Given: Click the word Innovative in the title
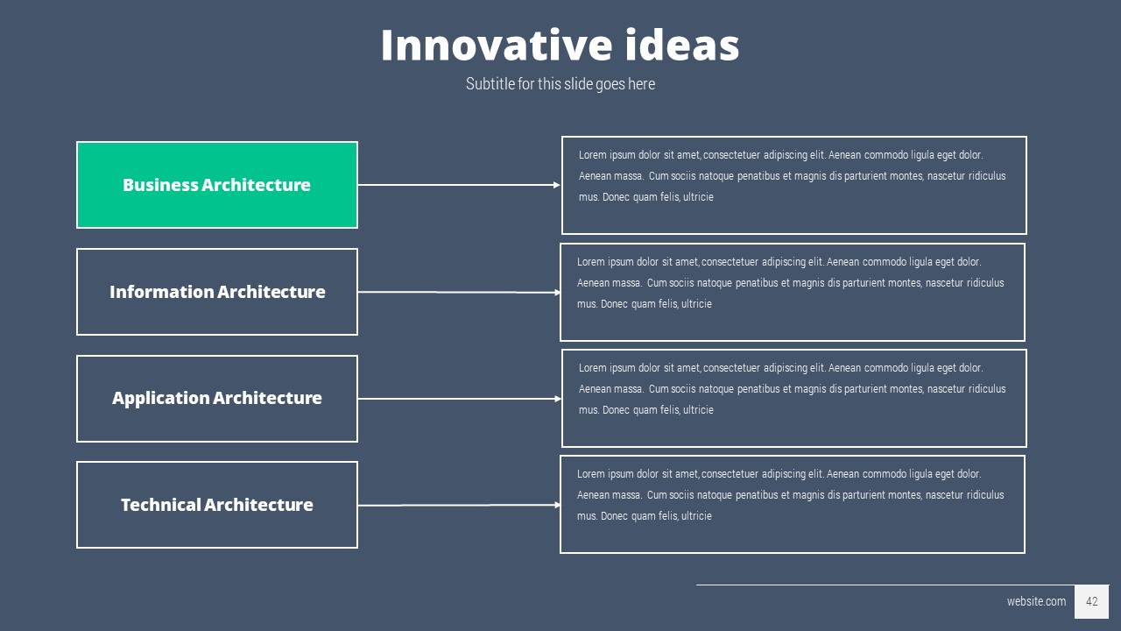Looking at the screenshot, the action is [x=497, y=45].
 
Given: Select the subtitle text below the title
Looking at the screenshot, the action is [x=560, y=84].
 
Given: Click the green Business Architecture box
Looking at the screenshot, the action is [x=217, y=185].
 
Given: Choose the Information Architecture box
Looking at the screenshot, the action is [x=217, y=292].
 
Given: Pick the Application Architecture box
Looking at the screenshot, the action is [x=217, y=399].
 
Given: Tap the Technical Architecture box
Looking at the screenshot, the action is [x=217, y=505].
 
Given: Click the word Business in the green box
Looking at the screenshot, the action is [x=160, y=185].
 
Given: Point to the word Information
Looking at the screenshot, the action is [x=162, y=292].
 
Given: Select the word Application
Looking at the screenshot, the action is [x=160, y=399].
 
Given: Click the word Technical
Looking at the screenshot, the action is [x=160, y=505].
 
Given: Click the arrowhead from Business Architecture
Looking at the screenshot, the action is [x=556, y=185].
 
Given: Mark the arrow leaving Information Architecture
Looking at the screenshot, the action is [x=460, y=292].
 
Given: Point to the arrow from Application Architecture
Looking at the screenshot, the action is [x=460, y=399].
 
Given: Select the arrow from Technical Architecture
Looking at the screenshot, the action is [x=460, y=505].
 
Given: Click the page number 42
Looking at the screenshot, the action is [x=1092, y=601].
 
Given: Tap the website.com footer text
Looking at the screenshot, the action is [x=1036, y=601].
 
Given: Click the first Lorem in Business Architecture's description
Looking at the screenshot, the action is [x=593, y=155].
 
